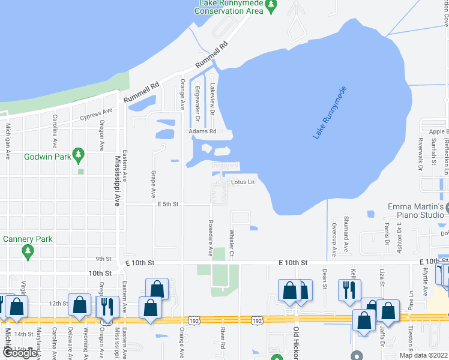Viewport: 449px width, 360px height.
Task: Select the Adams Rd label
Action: (x=202, y=131)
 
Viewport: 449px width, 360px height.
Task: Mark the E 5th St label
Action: (x=168, y=205)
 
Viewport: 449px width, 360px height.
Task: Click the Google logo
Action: (x=19, y=353)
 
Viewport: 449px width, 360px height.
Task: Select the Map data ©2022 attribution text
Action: (x=424, y=355)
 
